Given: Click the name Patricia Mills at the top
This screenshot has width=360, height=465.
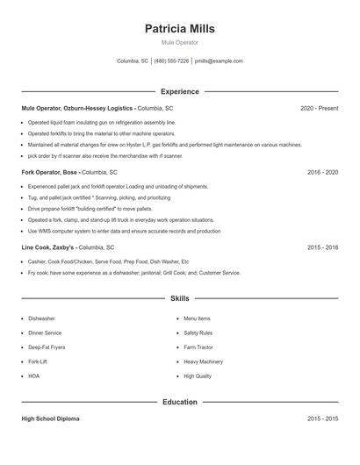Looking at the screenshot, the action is pos(179,28).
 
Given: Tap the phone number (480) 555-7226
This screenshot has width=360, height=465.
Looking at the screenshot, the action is pos(172,61).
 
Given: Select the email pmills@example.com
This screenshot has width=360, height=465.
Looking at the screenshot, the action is pos(219,61).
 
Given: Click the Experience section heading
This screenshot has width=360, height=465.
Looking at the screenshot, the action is pos(179,91).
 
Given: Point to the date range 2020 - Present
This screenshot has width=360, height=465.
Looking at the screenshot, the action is pos(319,108).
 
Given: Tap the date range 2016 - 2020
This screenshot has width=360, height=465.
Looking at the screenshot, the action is pos(322,173).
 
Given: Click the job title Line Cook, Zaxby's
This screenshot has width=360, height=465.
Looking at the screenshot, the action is pos(49,247).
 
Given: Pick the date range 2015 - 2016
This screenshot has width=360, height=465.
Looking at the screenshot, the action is pos(322,247).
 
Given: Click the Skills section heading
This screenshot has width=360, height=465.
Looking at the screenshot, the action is pos(179,298).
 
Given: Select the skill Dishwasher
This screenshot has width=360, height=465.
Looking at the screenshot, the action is pos(41,318).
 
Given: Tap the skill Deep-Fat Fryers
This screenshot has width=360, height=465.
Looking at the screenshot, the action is pos(47,347).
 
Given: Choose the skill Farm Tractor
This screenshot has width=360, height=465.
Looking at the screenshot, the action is pos(200,347).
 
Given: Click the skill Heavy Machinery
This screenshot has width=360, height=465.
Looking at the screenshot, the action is pos(203,361).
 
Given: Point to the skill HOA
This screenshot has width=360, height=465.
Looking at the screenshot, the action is pos(33,376).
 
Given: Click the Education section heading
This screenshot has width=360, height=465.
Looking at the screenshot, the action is pos(179,402).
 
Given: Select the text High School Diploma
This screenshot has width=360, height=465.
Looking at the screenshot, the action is pos(50,419).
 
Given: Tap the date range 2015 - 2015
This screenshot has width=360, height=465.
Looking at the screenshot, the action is pos(322,419).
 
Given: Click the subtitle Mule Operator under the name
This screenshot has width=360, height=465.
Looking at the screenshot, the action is pos(179,42).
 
